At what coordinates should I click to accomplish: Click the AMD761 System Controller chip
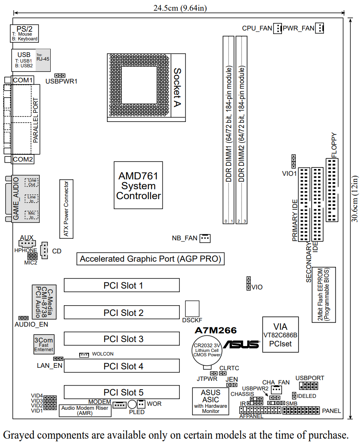138,185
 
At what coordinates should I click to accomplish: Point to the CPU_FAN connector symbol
278,28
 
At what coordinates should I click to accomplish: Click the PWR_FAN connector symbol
320,28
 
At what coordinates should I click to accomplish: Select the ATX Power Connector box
66,209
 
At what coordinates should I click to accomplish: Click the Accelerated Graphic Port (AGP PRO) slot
150,259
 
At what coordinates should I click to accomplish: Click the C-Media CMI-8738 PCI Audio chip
44,302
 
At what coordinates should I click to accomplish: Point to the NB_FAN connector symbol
205,238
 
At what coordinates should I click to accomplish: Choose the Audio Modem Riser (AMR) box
85,410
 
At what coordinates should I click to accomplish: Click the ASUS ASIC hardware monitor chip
211,401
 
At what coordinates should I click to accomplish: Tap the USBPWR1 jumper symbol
60,75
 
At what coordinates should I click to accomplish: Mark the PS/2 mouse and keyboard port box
25,34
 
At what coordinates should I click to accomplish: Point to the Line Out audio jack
32,183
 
